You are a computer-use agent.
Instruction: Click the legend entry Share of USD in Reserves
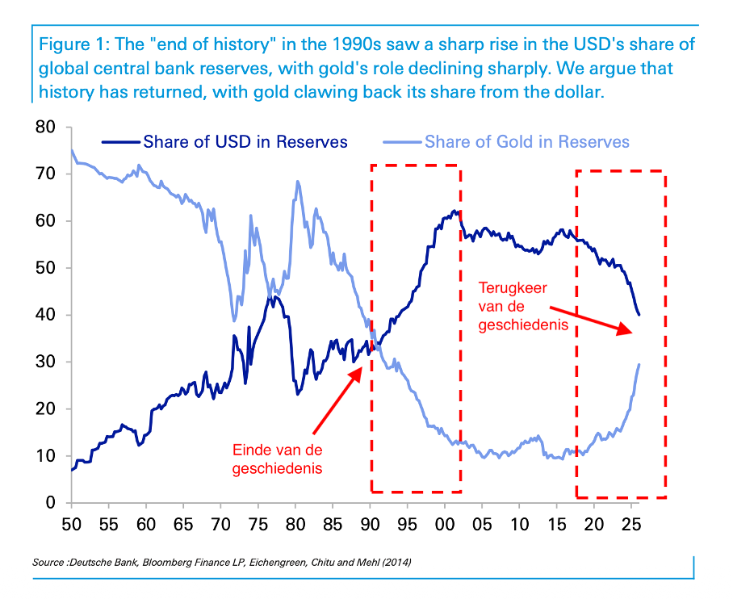(224, 142)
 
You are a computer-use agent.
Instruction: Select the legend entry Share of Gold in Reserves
(506, 142)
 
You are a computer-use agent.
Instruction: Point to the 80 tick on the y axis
(45, 127)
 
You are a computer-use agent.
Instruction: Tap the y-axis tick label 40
(45, 315)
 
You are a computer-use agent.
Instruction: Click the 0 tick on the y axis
(51, 503)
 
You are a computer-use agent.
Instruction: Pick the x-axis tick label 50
(72, 525)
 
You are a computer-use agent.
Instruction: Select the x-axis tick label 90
(370, 525)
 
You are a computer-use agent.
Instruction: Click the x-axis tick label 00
(445, 525)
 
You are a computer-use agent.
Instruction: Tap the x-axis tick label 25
(631, 525)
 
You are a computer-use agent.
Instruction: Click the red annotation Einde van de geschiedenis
(277, 459)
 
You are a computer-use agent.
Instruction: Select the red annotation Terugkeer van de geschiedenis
(523, 306)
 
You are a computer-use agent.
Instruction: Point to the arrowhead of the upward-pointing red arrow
(362, 368)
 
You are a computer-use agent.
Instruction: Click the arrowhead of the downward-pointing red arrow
(631, 333)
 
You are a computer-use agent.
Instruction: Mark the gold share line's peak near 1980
(298, 182)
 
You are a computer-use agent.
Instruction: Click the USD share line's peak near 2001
(454, 211)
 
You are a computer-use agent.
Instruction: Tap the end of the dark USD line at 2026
(639, 315)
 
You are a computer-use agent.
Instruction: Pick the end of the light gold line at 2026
(639, 365)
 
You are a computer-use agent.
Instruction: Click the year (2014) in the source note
(396, 563)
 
